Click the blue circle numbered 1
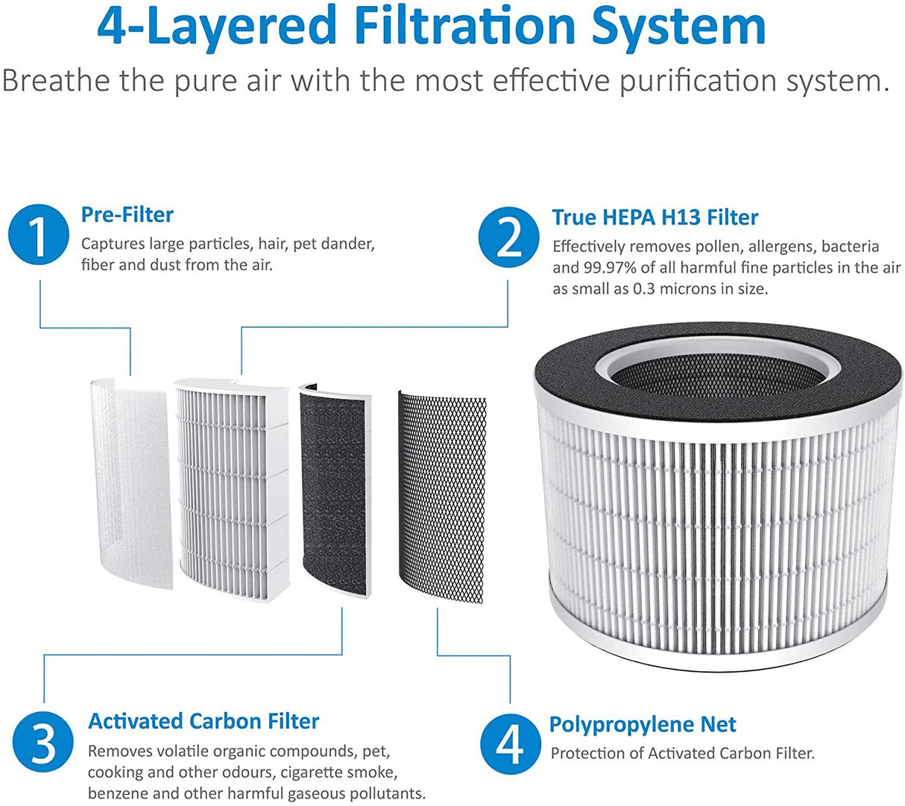tap(39, 236)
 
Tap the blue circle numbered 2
tap(508, 236)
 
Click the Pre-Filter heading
tap(127, 215)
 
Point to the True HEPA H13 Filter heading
tap(655, 217)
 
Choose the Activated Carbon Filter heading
tap(204, 721)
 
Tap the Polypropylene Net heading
tap(642, 724)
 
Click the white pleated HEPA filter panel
tap(231, 488)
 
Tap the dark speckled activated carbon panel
tap(333, 488)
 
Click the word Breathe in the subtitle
tap(56, 81)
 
